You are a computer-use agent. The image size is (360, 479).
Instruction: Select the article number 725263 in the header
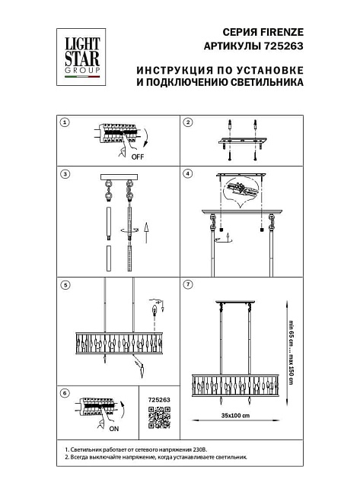[283, 46]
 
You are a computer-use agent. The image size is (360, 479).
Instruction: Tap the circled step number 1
[65, 122]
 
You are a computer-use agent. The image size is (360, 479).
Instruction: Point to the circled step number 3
[65, 174]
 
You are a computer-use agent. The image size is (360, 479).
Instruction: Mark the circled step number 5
[65, 285]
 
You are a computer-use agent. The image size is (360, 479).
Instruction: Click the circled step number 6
[65, 393]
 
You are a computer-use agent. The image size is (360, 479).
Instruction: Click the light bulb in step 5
[157, 309]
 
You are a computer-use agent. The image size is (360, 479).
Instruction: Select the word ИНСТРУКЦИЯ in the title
[172, 69]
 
